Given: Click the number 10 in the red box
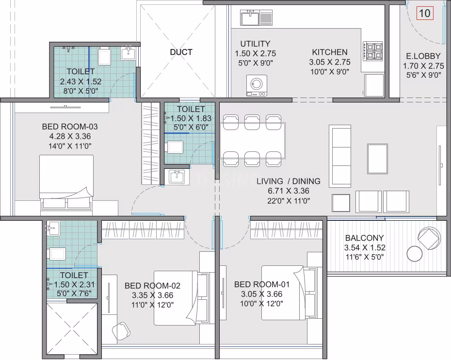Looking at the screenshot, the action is click(424, 13).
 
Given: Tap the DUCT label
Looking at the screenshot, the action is click(181, 52).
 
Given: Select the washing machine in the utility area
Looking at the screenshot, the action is click(257, 85).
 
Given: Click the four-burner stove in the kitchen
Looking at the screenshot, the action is click(373, 51).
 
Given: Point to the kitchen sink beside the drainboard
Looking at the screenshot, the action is click(250, 17).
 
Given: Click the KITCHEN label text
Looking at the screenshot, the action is click(330, 52).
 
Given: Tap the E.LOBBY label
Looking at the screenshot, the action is click(423, 56).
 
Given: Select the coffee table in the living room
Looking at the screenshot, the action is click(377, 159).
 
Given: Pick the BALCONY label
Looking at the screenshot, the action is click(364, 238).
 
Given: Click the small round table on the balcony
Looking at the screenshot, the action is click(414, 253).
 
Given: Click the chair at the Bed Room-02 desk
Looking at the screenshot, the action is click(121, 330).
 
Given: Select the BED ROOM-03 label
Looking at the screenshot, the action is click(70, 127).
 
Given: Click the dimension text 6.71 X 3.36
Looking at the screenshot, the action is click(289, 191).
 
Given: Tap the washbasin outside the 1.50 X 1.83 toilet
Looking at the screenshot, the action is click(177, 177).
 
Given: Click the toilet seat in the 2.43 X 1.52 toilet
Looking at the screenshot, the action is click(104, 57).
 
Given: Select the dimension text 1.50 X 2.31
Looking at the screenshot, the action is click(74, 284).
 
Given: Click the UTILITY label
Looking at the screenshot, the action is click(255, 44).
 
